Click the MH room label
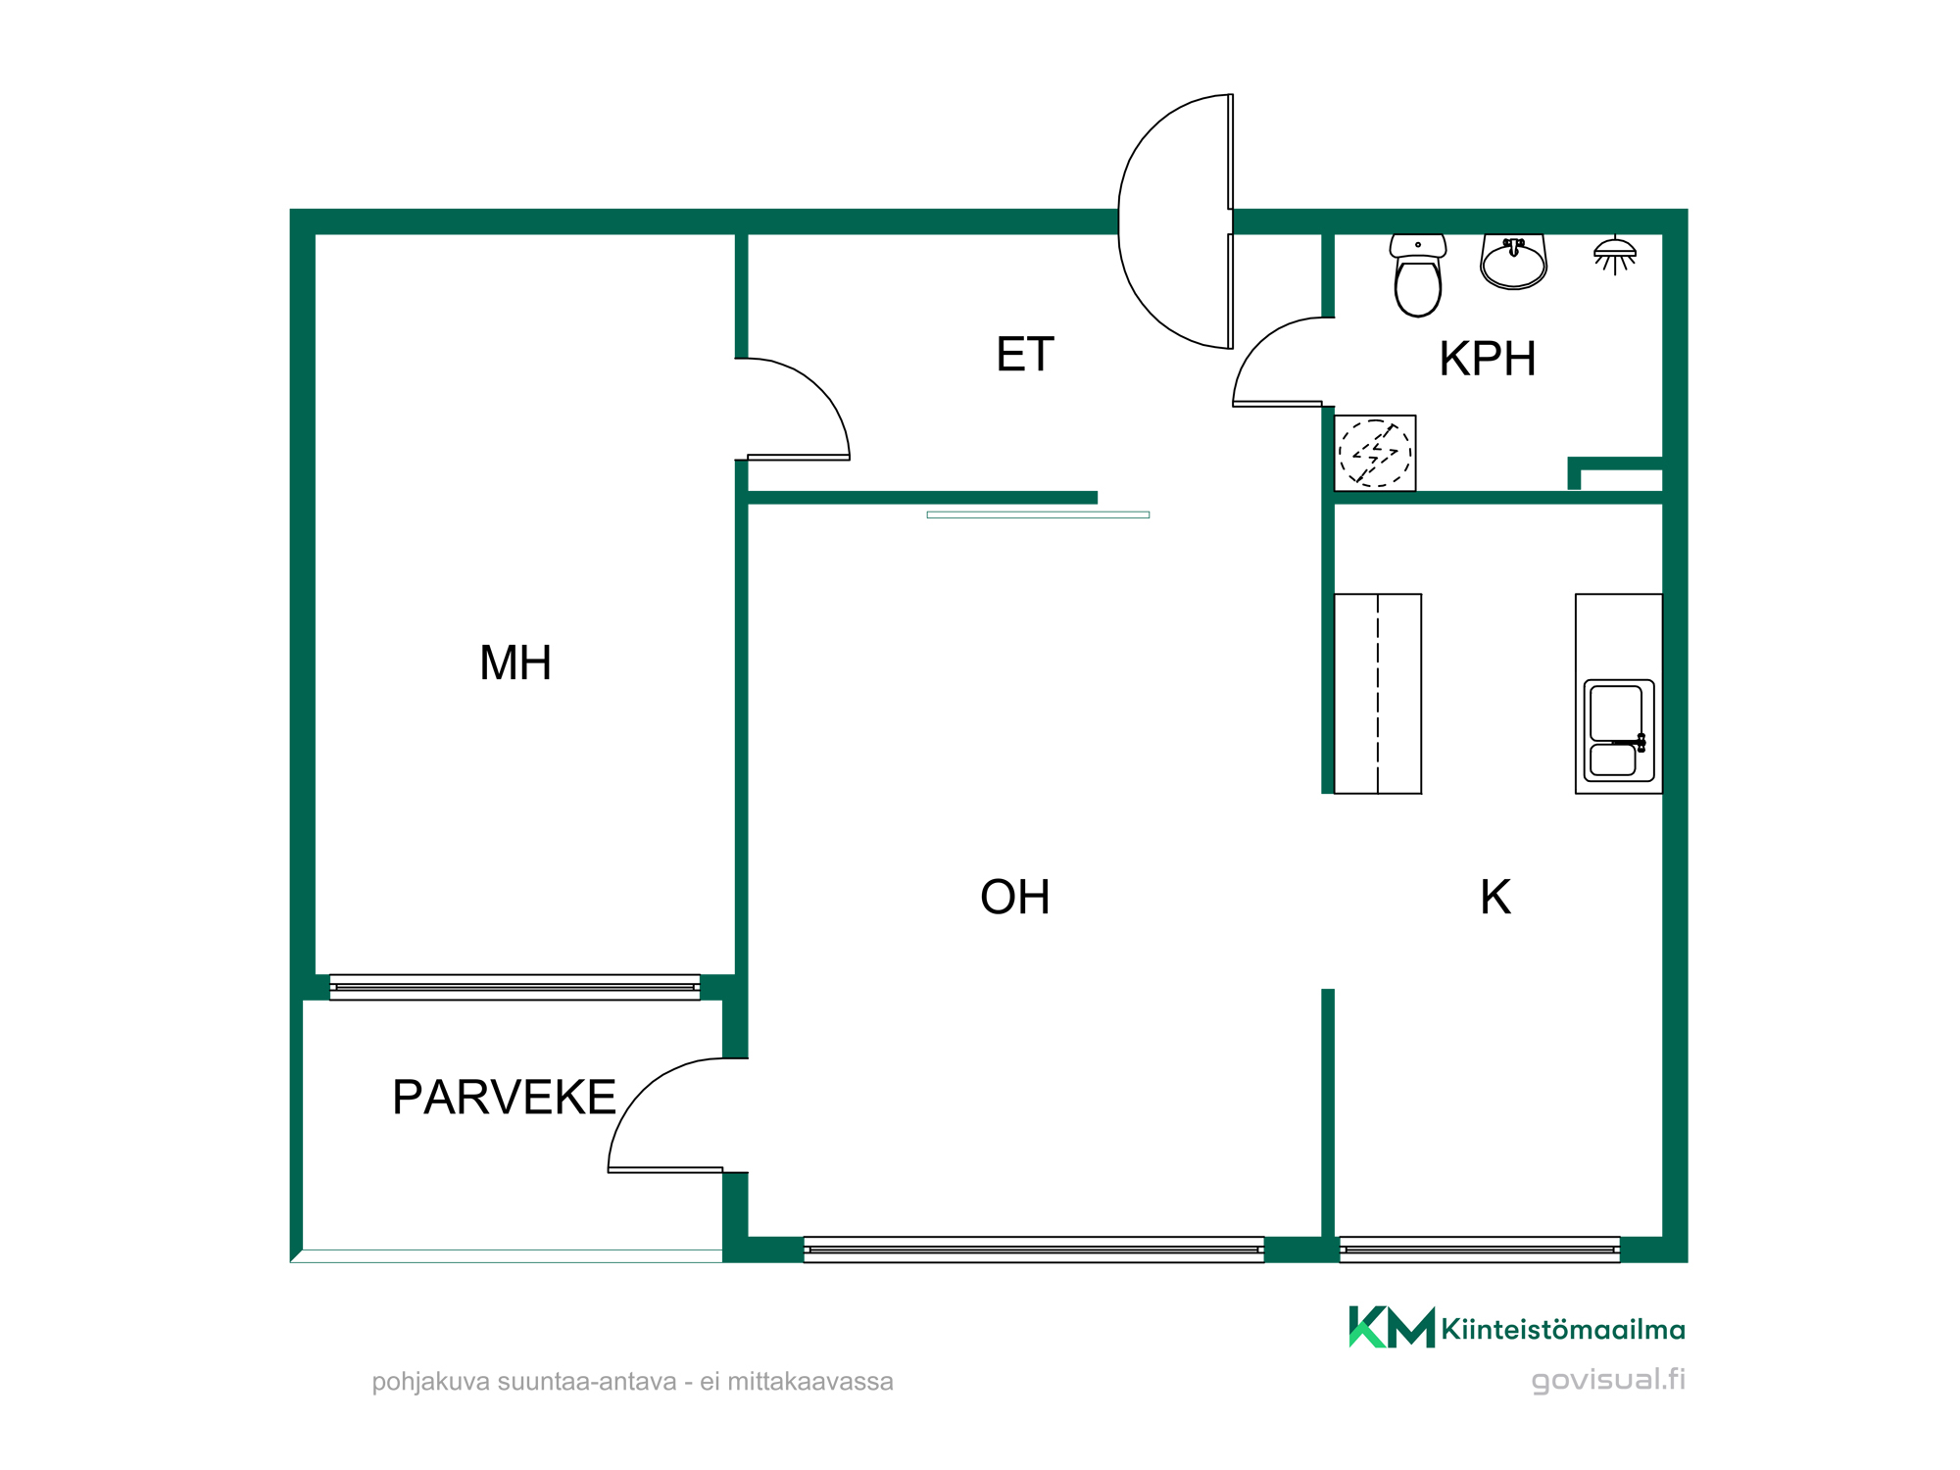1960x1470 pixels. [x=515, y=663]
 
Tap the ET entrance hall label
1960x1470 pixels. [x=1025, y=355]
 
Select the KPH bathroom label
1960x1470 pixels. [x=1487, y=359]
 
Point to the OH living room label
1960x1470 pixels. [x=1015, y=897]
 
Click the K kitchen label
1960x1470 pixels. [x=1495, y=897]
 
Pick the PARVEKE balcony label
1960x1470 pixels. [x=504, y=1098]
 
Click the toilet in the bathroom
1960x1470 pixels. [x=1417, y=275]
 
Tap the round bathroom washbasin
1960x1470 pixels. [x=1513, y=262]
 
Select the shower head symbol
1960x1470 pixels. [x=1614, y=256]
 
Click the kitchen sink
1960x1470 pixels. [x=1619, y=731]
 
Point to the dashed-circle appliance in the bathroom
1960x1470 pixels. [x=1375, y=453]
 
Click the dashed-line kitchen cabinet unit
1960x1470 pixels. [x=1378, y=694]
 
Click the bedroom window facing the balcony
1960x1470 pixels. [x=514, y=987]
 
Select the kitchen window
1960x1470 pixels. [x=1480, y=1249]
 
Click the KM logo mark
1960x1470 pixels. [x=1392, y=1328]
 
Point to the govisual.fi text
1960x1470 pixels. [x=1608, y=1380]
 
